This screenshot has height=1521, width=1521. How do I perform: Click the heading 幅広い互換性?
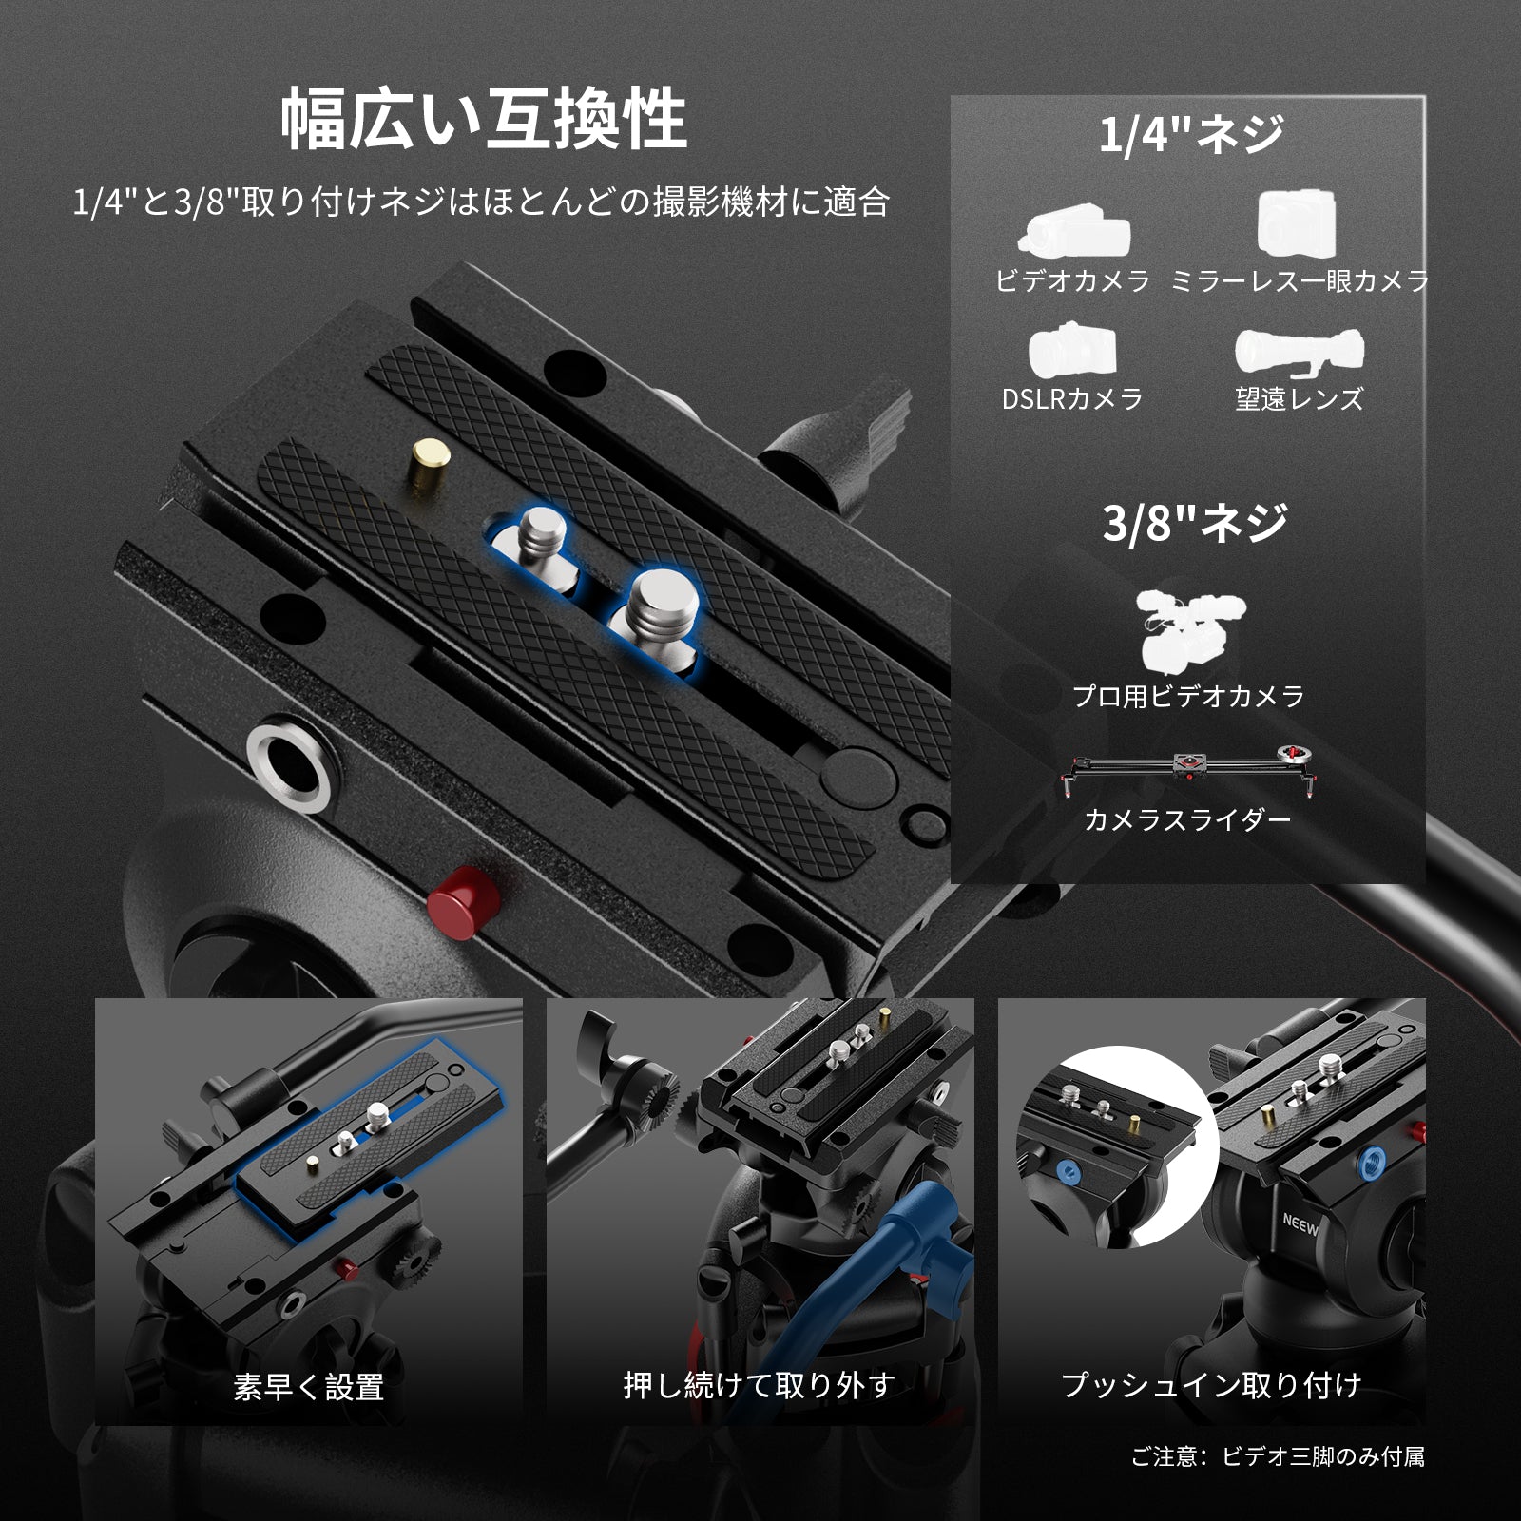click(484, 119)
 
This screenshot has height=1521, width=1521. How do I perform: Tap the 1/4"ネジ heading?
click(1191, 133)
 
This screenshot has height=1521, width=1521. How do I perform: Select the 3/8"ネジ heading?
click(1195, 522)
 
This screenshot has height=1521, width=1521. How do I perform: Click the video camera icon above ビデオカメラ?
click(1073, 232)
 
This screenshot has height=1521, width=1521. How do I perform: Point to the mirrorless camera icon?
click(1297, 224)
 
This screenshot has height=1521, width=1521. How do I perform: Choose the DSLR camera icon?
click(1071, 351)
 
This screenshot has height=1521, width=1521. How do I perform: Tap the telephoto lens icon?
click(1300, 353)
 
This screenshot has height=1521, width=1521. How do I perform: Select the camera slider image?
click(1188, 765)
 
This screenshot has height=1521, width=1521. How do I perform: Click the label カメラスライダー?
click(1187, 819)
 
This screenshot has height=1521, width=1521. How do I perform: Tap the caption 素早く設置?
click(308, 1387)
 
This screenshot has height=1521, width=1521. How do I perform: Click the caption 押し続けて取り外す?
click(760, 1385)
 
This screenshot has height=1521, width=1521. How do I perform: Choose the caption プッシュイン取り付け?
click(1211, 1385)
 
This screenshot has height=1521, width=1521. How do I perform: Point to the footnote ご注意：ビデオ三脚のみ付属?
click(1277, 1456)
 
